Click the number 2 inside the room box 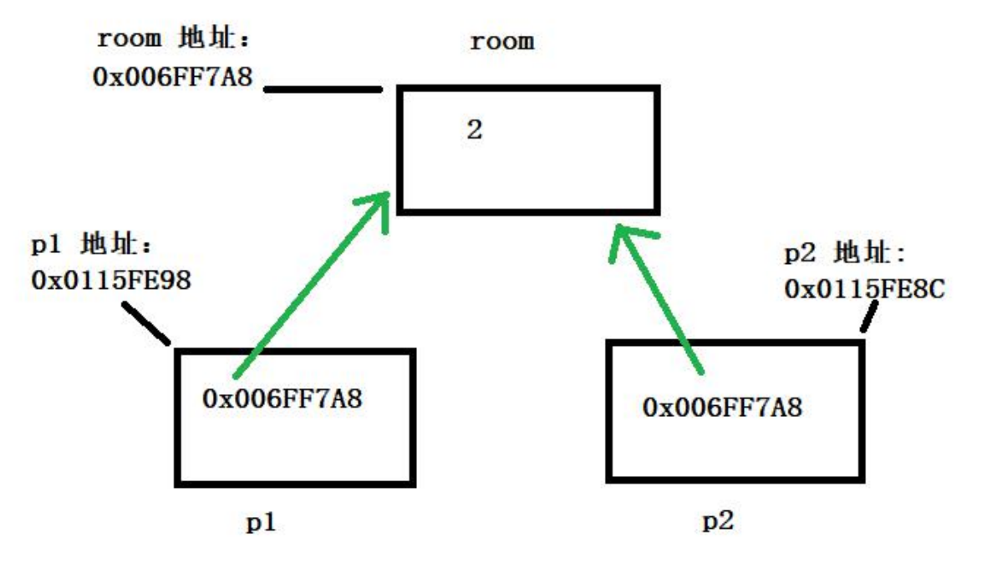[x=475, y=131]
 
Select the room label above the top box [x=501, y=41]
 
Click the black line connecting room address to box [x=323, y=89]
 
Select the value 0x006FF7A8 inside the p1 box [x=282, y=398]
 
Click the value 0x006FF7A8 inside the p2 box [x=722, y=408]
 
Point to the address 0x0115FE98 [x=111, y=280]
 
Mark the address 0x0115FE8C [x=864, y=288]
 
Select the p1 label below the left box [x=260, y=522]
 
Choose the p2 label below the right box [x=717, y=521]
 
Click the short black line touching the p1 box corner [x=146, y=323]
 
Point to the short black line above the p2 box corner [x=870, y=317]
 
